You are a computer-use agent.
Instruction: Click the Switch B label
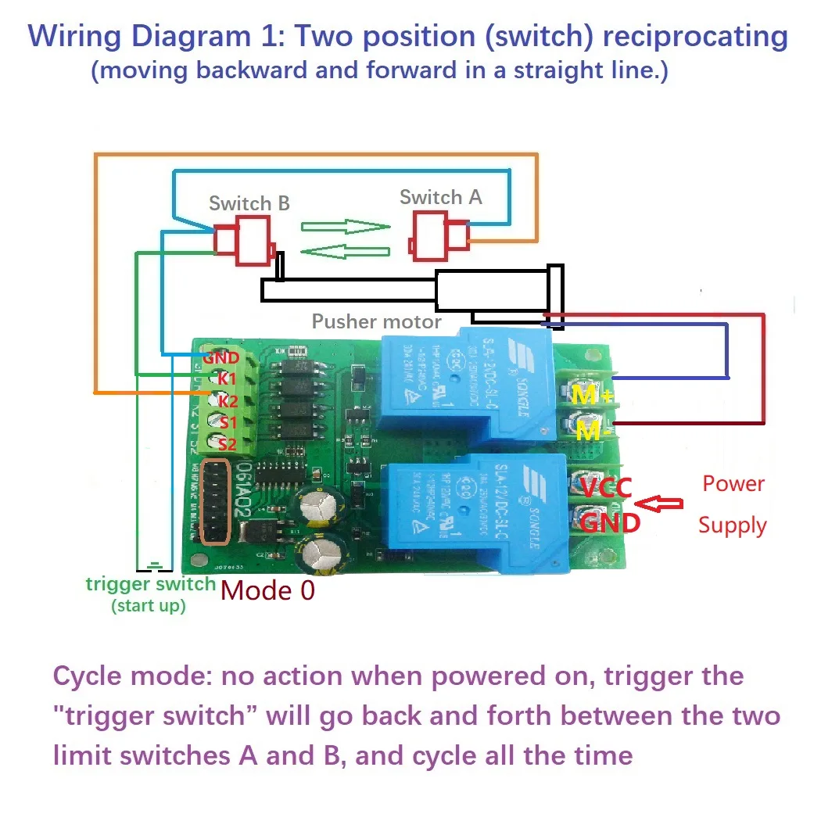tap(249, 203)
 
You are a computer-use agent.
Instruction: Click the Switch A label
tap(440, 197)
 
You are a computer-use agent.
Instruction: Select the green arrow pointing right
tap(346, 227)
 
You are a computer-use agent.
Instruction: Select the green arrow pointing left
tap(345, 252)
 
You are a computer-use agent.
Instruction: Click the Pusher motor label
tap(376, 321)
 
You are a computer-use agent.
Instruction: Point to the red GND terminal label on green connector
tap(220, 358)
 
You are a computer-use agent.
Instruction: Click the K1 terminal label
tap(227, 379)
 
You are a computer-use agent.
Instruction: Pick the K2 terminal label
tap(228, 401)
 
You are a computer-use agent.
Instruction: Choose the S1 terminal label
tap(227, 423)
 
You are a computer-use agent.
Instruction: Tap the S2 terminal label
tap(227, 444)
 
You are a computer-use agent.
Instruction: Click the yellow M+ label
tap(591, 396)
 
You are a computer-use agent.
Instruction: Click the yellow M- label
tap(591, 430)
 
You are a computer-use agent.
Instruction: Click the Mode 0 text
tap(267, 590)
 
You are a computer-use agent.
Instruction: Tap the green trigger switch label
tap(150, 584)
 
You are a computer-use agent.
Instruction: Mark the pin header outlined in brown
tap(216, 502)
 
